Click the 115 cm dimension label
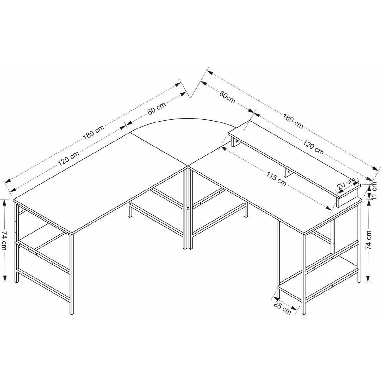(276, 179)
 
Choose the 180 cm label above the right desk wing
(292, 121)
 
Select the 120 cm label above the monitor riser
(313, 147)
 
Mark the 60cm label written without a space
(227, 97)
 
